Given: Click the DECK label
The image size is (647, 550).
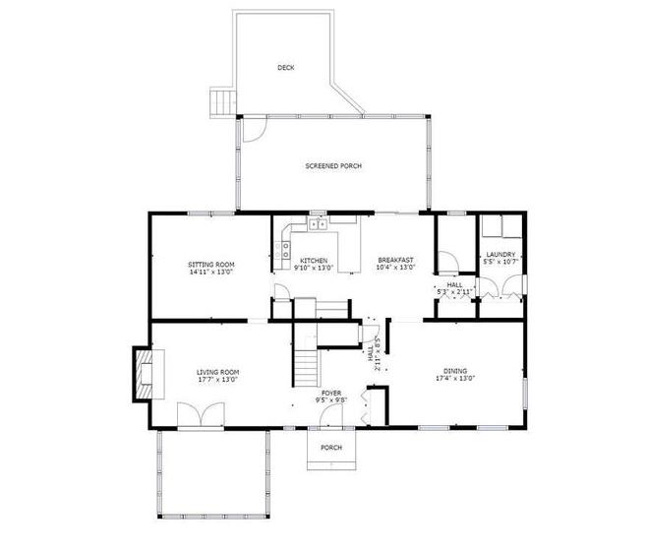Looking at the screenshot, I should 285,68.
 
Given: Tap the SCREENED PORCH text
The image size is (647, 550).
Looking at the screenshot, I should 332,166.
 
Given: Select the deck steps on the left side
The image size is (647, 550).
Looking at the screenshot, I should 224,101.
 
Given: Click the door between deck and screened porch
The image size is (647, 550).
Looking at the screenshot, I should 254,129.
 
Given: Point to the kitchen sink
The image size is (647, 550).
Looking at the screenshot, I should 318,224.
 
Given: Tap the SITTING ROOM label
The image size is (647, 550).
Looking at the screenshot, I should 211,264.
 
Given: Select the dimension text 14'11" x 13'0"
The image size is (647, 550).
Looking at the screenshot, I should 211,273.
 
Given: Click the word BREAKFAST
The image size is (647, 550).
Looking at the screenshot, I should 395,260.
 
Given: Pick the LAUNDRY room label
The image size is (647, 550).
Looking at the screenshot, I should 500,254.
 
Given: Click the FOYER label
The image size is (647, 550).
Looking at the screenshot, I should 331,392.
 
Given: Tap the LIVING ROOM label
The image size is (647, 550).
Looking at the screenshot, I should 217,371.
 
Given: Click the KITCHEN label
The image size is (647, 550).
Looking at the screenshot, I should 315,260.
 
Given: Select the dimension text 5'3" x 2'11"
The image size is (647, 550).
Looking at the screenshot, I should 454,292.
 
